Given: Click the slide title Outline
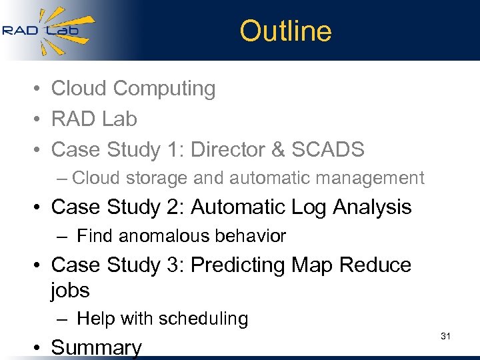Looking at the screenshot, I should point(285,31).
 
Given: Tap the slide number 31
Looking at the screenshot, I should point(445,337).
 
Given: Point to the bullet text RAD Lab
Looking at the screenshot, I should point(94,119).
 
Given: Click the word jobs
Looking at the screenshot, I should point(70,291).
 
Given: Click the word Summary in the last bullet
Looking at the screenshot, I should point(97,347).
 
